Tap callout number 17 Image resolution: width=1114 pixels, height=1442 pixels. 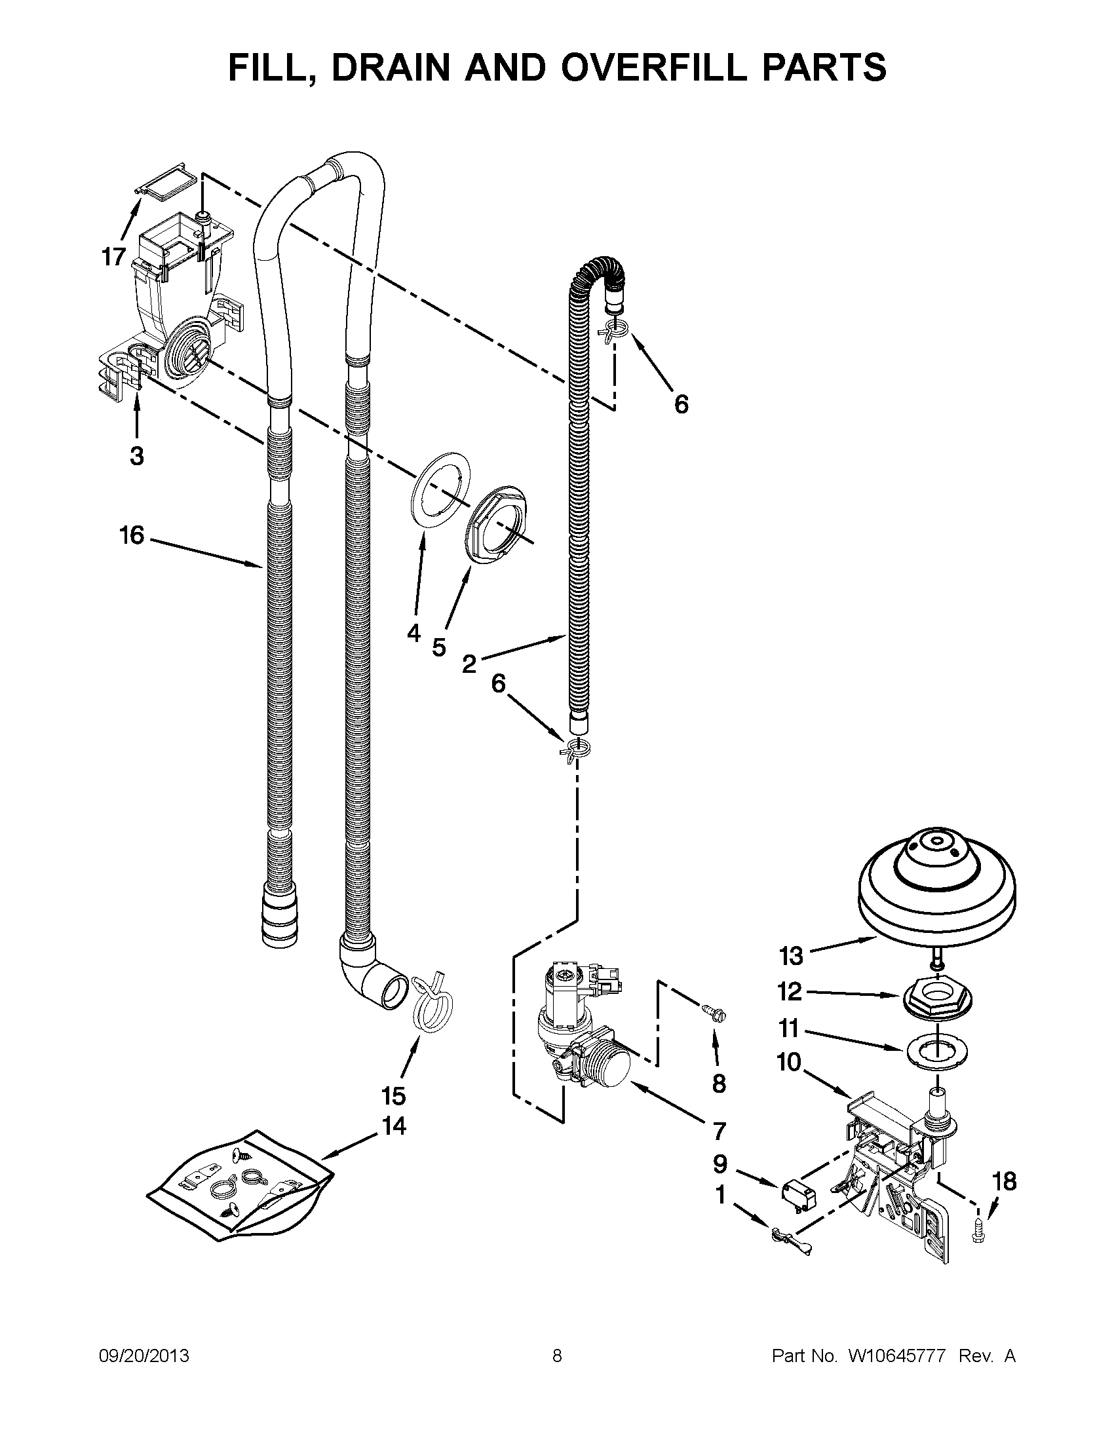(113, 257)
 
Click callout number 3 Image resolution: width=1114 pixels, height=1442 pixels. (137, 455)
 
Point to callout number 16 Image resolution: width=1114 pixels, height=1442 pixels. (132, 535)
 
